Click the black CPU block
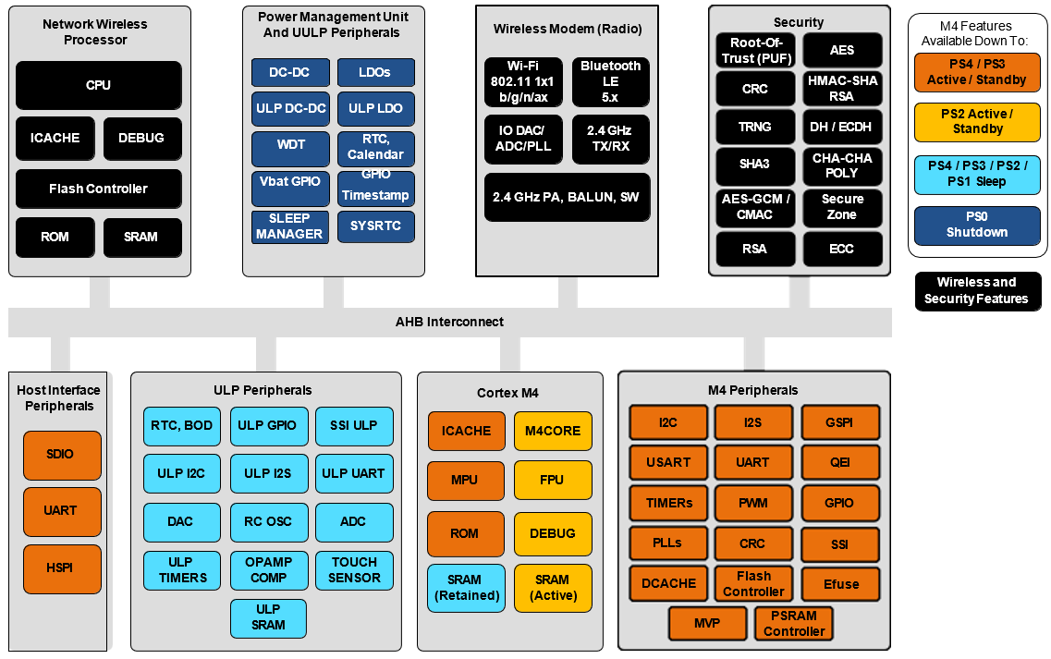(99, 85)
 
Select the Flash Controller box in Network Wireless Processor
(99, 189)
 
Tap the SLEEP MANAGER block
(289, 226)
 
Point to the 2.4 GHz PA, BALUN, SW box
(567, 197)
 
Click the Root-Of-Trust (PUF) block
(755, 50)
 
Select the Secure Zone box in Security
(842, 207)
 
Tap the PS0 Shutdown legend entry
(976, 226)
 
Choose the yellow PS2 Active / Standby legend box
(977, 121)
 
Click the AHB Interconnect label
(450, 322)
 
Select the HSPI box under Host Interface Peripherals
(61, 568)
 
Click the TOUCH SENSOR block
(354, 569)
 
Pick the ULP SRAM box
(268, 617)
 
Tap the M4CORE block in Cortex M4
(553, 431)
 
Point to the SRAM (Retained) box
(466, 588)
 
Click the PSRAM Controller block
(794, 623)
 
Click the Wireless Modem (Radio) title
(567, 29)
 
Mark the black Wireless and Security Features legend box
(976, 291)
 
